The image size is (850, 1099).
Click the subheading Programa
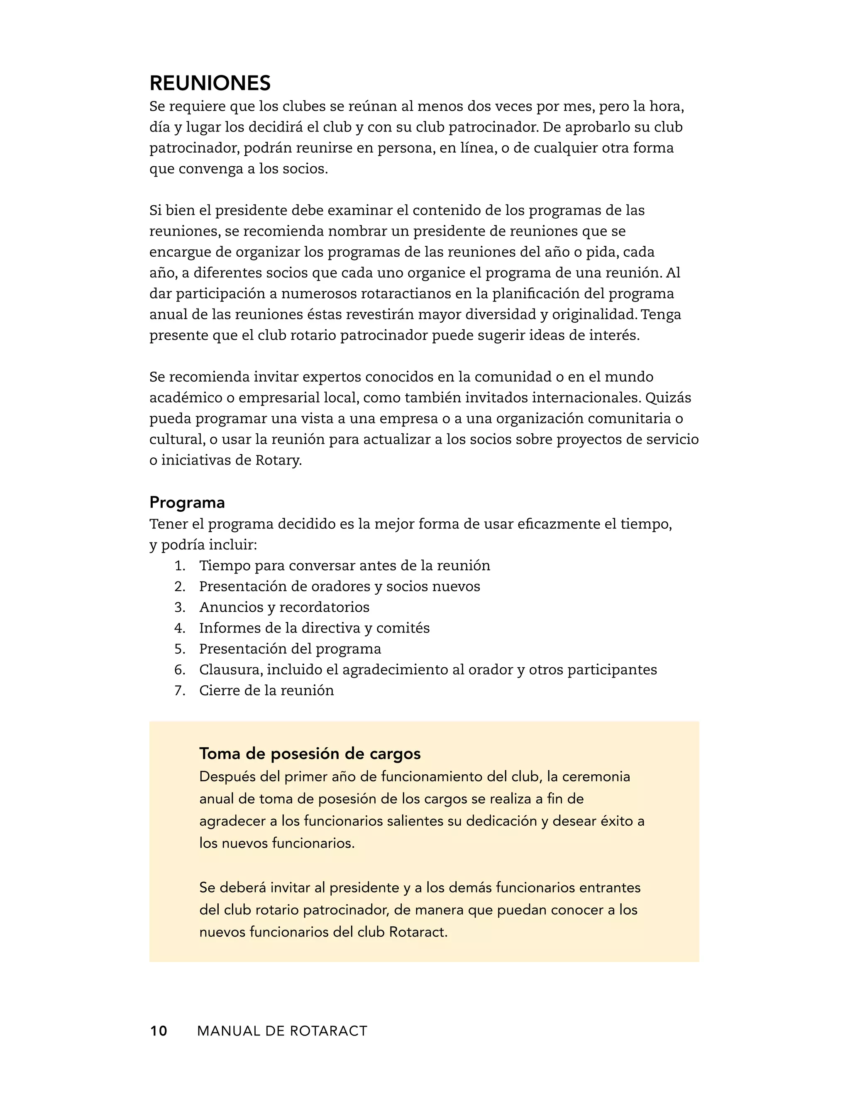pos(187,502)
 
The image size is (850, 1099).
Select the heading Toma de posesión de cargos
pos(310,753)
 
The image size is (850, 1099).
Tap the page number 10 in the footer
pos(158,1031)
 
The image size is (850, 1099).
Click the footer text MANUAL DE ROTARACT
pos(282,1031)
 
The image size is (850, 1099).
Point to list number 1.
pos(180,566)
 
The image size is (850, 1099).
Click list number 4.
pos(180,628)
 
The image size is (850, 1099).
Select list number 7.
pos(180,691)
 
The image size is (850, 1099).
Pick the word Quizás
pos(668,398)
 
